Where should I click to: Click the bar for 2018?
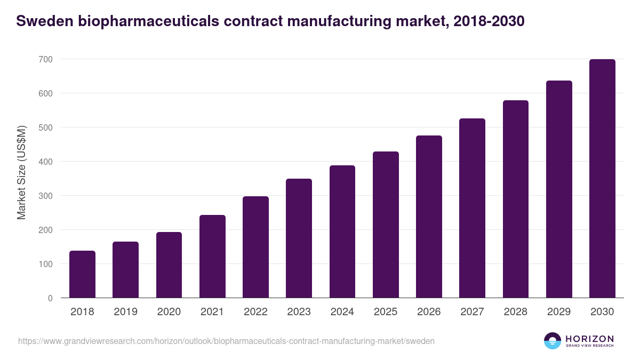click(82, 274)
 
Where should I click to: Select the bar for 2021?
click(212, 257)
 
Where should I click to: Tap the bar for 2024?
click(342, 231)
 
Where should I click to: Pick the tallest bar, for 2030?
click(602, 179)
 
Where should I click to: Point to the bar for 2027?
click(472, 208)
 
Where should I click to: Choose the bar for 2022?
click(255, 247)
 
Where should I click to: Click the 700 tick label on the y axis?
click(45, 59)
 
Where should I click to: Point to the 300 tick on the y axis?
click(45, 196)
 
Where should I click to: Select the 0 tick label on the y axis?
click(50, 298)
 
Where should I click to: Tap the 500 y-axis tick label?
click(45, 127)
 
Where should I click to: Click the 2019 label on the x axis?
click(125, 312)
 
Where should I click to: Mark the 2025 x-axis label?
click(386, 312)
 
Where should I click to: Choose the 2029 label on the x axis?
click(559, 312)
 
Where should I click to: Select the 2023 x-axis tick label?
click(299, 312)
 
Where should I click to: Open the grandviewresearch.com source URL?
click(226, 341)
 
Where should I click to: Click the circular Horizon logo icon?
click(553, 341)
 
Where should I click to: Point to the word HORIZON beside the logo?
click(589, 339)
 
